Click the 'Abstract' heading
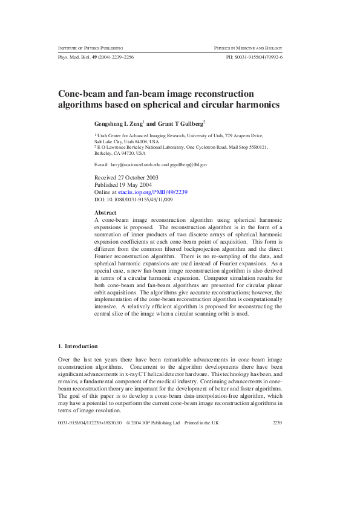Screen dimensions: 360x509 pos(106,213)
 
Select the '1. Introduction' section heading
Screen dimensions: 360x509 pos(77,346)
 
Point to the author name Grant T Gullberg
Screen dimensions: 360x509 pos(180,123)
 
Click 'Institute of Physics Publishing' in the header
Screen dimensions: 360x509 pos(91,47)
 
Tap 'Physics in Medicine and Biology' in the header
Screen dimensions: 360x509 pos(248,47)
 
